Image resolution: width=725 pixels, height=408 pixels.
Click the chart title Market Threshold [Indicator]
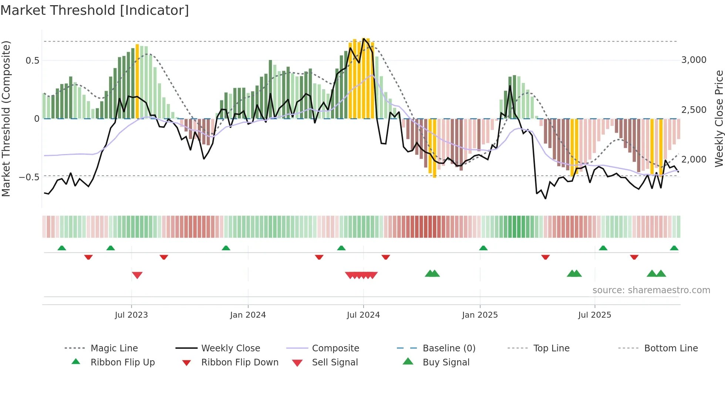[x=95, y=10]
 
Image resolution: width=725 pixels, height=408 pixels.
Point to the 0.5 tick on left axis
[x=32, y=61]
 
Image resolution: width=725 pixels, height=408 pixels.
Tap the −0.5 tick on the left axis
[x=29, y=177]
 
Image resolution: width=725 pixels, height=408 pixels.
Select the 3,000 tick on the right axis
[x=694, y=60]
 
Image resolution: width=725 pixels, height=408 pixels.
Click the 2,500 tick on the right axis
[x=694, y=110]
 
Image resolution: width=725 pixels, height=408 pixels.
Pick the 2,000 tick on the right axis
[x=694, y=160]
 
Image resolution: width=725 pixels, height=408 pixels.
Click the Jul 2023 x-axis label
[x=131, y=315]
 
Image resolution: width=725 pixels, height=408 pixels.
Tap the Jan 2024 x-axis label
[x=247, y=315]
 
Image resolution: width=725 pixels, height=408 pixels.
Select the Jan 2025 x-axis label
[x=479, y=315]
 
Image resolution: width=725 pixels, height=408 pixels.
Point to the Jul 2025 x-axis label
[x=594, y=315]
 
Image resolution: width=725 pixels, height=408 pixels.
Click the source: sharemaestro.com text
[x=651, y=290]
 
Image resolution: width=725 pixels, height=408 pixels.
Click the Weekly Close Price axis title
[x=719, y=118]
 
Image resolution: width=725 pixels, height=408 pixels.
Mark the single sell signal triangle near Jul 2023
[x=137, y=275]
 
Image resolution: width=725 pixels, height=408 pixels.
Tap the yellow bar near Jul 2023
[x=137, y=81]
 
